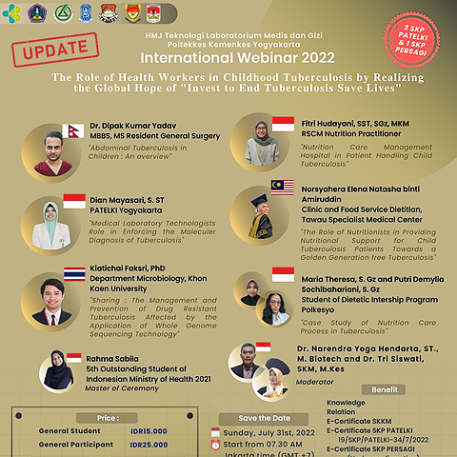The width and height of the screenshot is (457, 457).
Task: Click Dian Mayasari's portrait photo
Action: (48, 225)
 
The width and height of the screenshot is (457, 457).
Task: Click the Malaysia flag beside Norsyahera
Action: (282, 187)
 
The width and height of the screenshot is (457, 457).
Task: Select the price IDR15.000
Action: (148, 431)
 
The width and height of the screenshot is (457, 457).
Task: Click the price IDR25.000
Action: (148, 445)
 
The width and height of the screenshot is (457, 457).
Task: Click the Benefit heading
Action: (385, 390)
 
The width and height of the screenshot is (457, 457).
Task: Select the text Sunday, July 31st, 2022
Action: (269, 432)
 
